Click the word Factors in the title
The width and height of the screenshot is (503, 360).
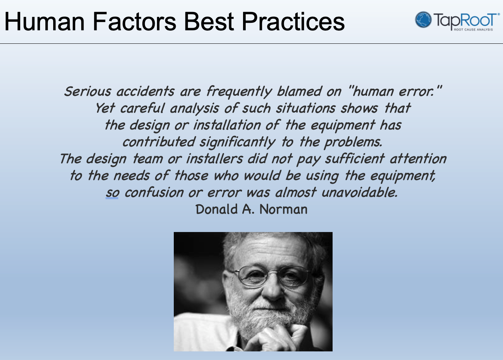click(134, 22)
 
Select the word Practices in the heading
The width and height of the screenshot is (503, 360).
click(293, 22)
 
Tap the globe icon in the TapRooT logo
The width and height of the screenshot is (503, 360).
click(423, 19)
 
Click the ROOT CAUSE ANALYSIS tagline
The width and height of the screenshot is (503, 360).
click(473, 30)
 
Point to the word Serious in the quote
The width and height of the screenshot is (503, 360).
click(88, 91)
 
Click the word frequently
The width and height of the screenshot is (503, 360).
click(239, 92)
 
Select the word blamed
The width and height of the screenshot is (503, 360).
click(299, 91)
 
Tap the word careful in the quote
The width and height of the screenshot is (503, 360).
click(143, 108)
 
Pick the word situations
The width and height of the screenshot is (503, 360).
click(306, 108)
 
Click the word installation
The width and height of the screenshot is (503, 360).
click(227, 125)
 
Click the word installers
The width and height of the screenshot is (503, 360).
click(215, 159)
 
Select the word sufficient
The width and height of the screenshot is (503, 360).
click(355, 159)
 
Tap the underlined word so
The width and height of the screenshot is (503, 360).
click(112, 193)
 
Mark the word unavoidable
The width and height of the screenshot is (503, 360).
click(360, 192)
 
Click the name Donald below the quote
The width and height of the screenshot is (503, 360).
click(216, 209)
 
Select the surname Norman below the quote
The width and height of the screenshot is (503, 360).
click(284, 209)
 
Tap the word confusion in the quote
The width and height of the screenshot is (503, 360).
click(154, 192)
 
